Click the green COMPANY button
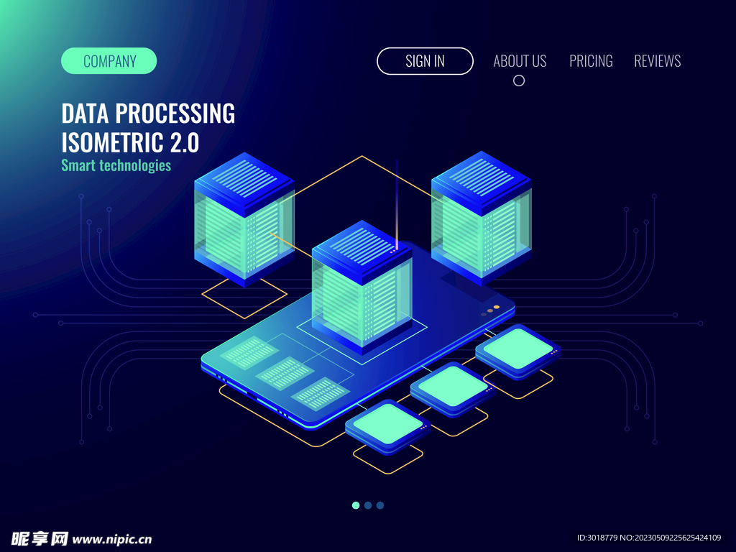pos(109,60)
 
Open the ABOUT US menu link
pos(520,61)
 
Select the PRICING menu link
pos(591,61)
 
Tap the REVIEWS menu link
pos(657,61)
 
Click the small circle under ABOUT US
pos(519,80)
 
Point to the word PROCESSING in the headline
pos(175,114)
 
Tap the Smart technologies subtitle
pos(116,166)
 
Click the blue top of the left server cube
pos(244,178)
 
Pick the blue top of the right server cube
pos(481,176)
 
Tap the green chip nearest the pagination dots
pos(387,424)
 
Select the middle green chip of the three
pos(453,386)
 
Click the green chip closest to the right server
pos(517,349)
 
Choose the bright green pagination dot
pos(356,505)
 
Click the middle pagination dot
pos(368,505)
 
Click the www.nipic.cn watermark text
pos(111,539)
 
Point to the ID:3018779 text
pos(597,538)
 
